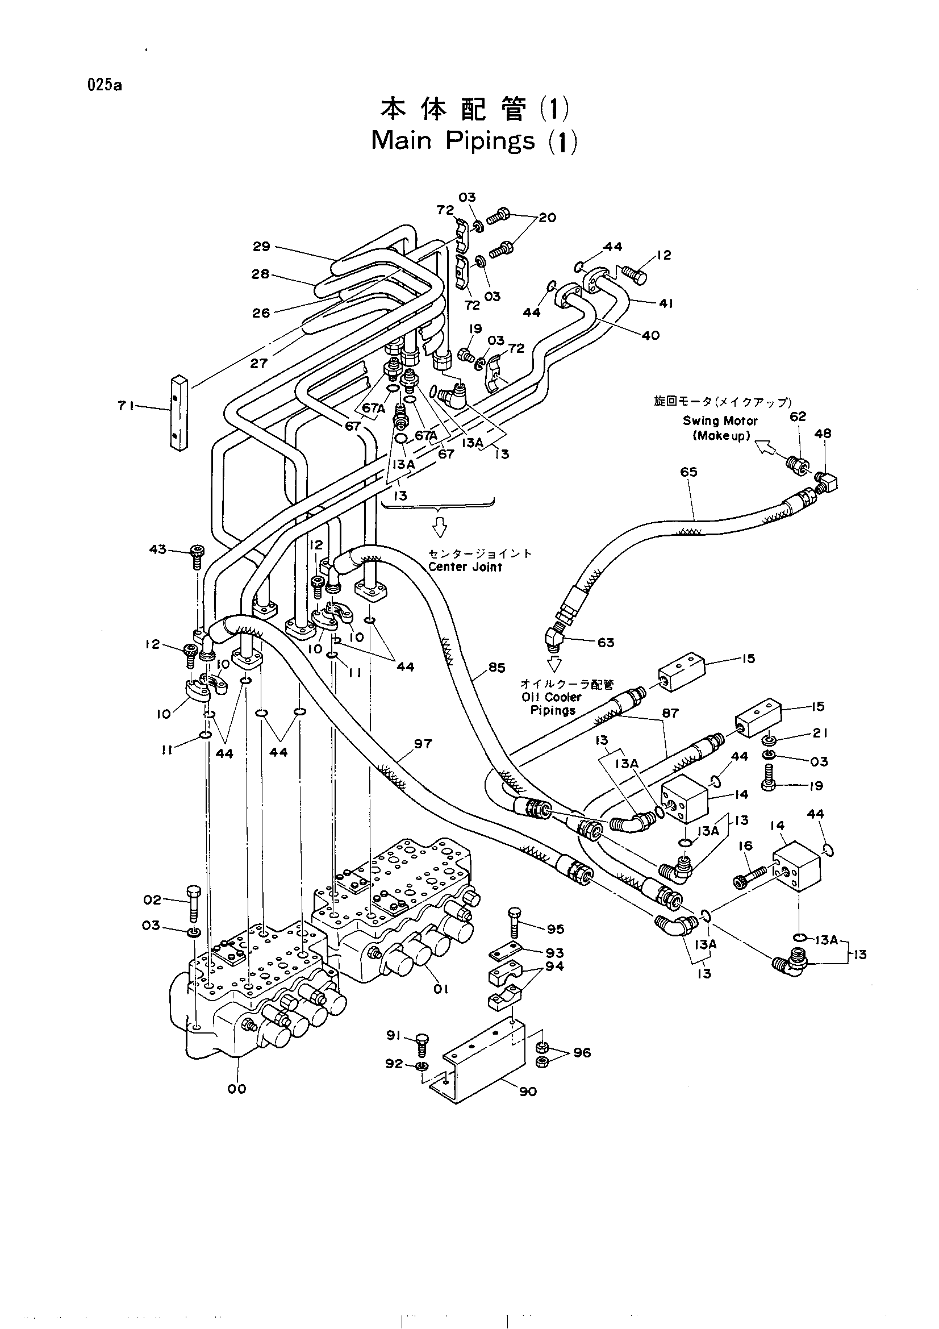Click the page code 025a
(105, 85)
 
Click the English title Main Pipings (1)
(474, 141)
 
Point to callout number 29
(261, 247)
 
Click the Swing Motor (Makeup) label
(720, 428)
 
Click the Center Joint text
(465, 567)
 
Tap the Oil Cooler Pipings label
(552, 703)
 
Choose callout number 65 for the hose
(688, 472)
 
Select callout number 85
(496, 667)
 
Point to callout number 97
(423, 743)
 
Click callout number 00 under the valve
(237, 1088)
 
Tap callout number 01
(441, 989)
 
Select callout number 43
(158, 549)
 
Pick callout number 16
(745, 845)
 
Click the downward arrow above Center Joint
(440, 526)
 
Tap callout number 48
(823, 433)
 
